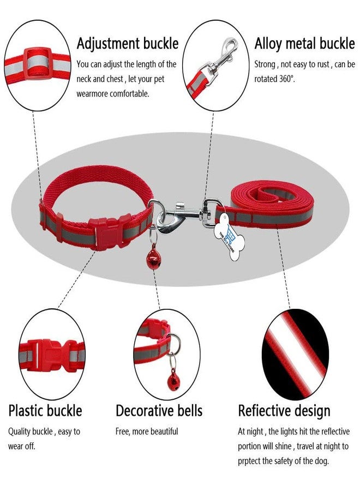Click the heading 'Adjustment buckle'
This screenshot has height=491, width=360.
pos(128,43)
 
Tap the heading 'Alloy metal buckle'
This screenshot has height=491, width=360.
pos(304,43)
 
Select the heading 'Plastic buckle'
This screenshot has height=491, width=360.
pos(45,410)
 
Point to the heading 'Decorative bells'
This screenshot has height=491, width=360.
pos(159,410)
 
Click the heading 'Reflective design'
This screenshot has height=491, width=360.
pos(284,411)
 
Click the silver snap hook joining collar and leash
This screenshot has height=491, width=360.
pos(182,216)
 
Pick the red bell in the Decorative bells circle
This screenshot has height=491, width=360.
pos(174,380)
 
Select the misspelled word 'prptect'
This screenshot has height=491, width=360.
pos(249,461)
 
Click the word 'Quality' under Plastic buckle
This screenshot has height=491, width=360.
pos(19,432)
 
